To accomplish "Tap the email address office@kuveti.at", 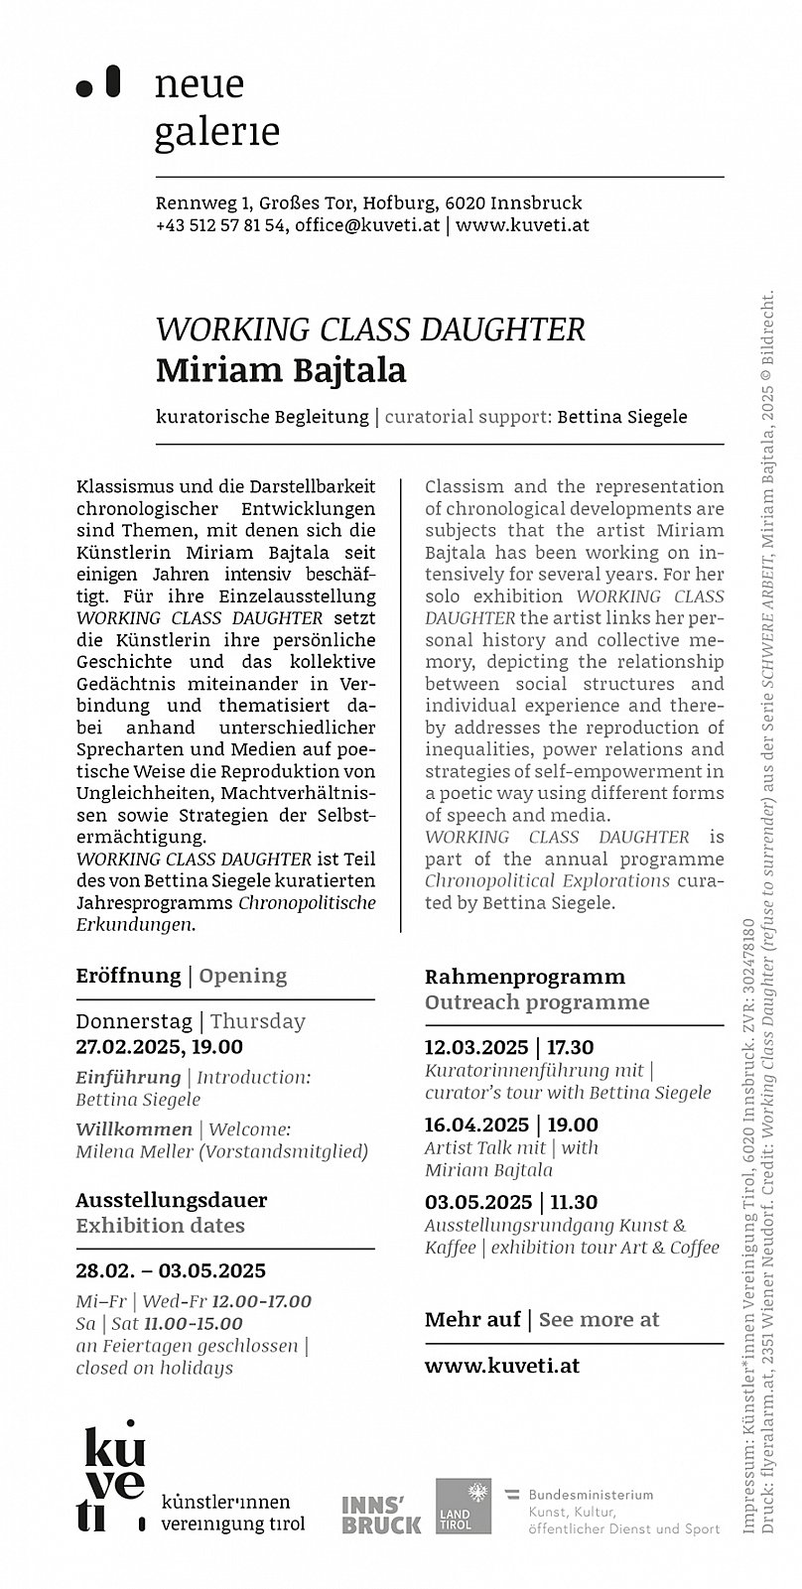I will click(x=367, y=225).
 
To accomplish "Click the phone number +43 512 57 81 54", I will click(x=221, y=225).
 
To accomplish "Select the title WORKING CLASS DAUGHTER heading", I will click(x=370, y=330).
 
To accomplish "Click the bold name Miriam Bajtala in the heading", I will click(x=281, y=370).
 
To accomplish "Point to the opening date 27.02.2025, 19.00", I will click(x=159, y=1047).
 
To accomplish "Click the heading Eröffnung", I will click(x=128, y=976).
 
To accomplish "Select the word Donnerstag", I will click(x=134, y=1021).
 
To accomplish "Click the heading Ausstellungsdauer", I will click(x=171, y=1200).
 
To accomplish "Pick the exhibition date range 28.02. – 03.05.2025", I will click(x=171, y=1271).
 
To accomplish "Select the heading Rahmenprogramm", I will click(x=525, y=977).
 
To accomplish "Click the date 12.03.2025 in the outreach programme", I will click(x=476, y=1047).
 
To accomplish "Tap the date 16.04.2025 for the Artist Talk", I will click(x=476, y=1125).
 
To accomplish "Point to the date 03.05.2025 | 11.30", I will click(x=510, y=1202).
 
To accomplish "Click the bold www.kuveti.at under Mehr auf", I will click(x=502, y=1365).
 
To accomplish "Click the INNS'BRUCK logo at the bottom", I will click(x=381, y=1515).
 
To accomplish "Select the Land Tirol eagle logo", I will click(x=464, y=1506).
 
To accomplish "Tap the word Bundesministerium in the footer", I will click(x=591, y=1495).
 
